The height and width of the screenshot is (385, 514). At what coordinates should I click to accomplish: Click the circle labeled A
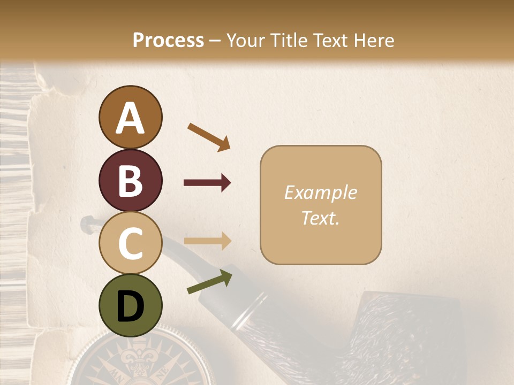130,117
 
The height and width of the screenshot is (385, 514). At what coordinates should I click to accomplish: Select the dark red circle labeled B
130,180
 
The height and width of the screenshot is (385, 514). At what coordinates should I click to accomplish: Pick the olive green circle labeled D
130,305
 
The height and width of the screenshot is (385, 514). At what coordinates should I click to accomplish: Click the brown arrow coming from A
209,136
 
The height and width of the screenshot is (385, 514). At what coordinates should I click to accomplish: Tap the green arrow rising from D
209,282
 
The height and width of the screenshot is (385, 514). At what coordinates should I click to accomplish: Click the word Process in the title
168,40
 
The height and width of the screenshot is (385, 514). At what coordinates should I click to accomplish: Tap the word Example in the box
320,192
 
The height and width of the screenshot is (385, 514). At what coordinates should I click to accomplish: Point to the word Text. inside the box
320,218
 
